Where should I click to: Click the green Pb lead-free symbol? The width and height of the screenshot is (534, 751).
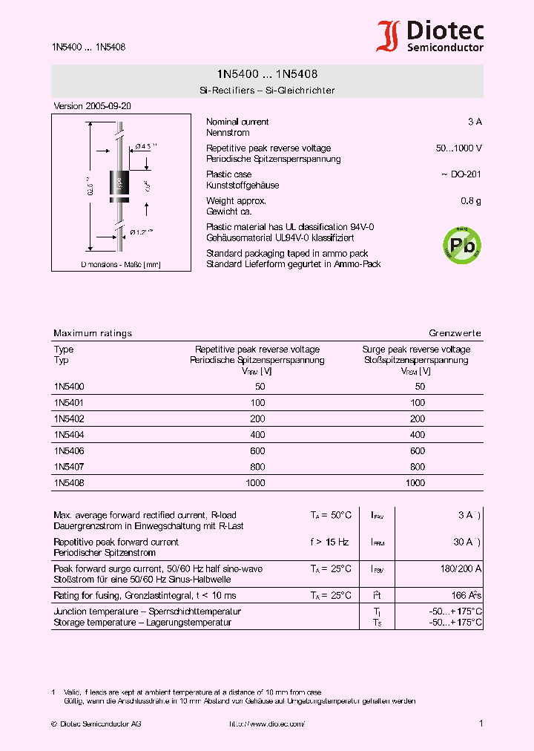[x=461, y=243]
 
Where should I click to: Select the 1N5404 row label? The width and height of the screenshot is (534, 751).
[x=69, y=435]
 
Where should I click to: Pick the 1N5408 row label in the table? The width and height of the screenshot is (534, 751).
[x=69, y=483]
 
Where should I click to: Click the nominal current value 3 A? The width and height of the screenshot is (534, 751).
[x=475, y=122]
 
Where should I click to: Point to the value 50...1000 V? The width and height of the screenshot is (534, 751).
[x=458, y=148]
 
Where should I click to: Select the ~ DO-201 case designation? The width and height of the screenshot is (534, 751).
[x=461, y=174]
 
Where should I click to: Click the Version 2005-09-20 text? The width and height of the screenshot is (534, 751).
[x=92, y=106]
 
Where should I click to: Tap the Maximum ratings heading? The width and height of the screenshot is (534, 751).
[x=93, y=333]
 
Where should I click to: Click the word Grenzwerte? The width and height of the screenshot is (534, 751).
[x=455, y=333]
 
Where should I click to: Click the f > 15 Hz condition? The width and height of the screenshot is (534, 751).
[x=329, y=542]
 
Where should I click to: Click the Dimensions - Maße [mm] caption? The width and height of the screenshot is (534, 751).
[x=120, y=264]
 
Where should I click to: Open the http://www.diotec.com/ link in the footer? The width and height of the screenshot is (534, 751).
[x=266, y=724]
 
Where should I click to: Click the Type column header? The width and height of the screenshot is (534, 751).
[x=64, y=350]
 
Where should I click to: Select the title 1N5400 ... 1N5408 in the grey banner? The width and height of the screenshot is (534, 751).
[x=267, y=75]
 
